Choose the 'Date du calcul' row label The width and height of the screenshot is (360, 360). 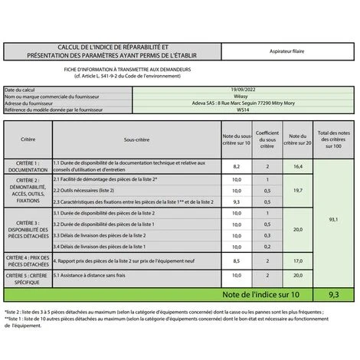click(x=21, y=90)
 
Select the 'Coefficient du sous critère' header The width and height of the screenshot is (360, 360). click(x=267, y=140)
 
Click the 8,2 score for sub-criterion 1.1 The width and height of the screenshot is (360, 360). click(x=237, y=166)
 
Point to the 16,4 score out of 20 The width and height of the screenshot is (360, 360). click(x=297, y=166)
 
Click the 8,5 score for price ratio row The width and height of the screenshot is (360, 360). click(x=237, y=261)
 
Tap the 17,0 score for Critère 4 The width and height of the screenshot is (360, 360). click(x=297, y=261)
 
